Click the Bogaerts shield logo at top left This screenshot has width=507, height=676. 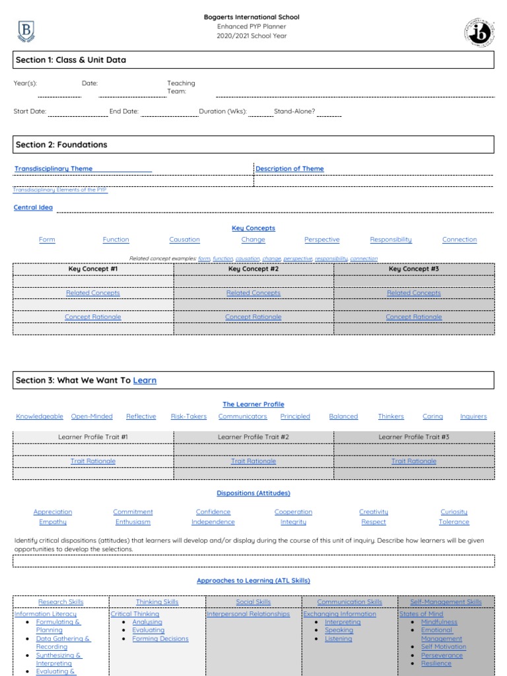(26, 31)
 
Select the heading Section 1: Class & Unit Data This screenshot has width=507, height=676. (71, 60)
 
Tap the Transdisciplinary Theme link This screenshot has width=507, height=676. (53, 169)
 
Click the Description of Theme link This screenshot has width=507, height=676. (290, 169)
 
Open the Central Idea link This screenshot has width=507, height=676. (33, 208)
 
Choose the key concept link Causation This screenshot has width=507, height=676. (184, 240)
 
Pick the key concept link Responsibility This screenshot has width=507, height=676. (391, 240)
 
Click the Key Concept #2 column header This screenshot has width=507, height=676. (253, 269)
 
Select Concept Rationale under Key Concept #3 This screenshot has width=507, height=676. (414, 317)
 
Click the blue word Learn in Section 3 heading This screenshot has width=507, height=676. (145, 380)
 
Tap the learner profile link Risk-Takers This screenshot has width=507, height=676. (189, 417)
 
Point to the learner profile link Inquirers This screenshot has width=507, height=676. (473, 417)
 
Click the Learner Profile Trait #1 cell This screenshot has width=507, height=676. (93, 437)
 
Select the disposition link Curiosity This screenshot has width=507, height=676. (454, 512)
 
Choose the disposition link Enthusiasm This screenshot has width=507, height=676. (133, 522)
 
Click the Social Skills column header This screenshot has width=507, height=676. (253, 602)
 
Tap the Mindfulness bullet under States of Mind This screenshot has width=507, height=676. (439, 622)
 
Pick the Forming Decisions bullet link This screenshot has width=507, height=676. (160, 639)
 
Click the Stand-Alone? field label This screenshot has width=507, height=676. (294, 112)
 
